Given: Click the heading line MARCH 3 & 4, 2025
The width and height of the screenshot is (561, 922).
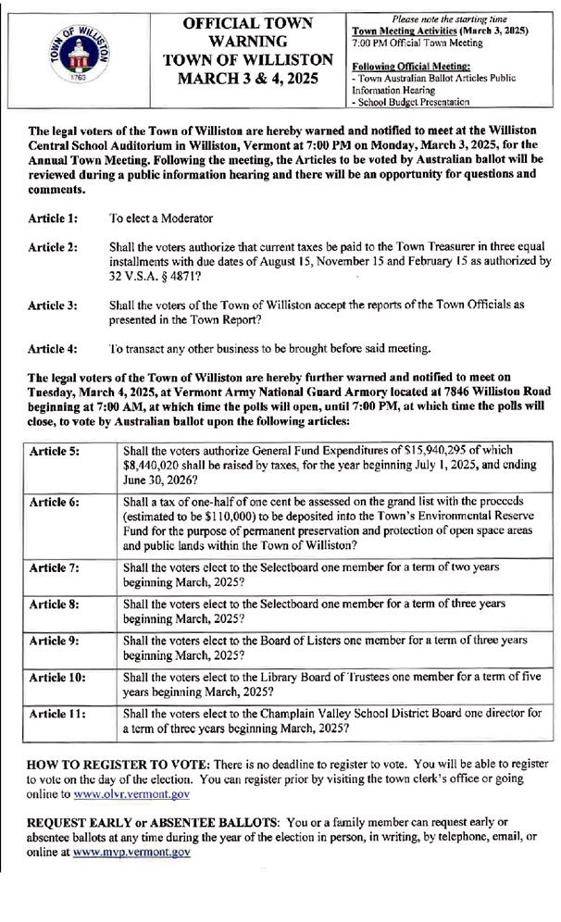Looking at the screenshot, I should click(x=247, y=78).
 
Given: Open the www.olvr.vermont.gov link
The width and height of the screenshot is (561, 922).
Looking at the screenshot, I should click(x=132, y=793).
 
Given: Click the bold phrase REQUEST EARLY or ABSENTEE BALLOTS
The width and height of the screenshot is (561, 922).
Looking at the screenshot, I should click(x=153, y=822).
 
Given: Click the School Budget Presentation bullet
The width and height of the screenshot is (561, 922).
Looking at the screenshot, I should click(x=413, y=102).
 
